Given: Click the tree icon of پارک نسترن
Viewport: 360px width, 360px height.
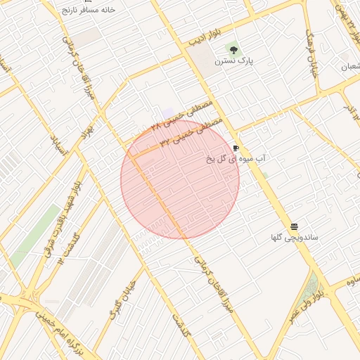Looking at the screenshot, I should click(x=233, y=49).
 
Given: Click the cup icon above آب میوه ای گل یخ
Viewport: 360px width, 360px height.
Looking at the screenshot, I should click(x=236, y=148).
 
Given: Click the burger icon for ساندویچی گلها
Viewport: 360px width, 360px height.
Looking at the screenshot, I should click(x=294, y=226).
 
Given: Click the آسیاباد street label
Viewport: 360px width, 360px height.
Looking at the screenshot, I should click(x=59, y=145).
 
